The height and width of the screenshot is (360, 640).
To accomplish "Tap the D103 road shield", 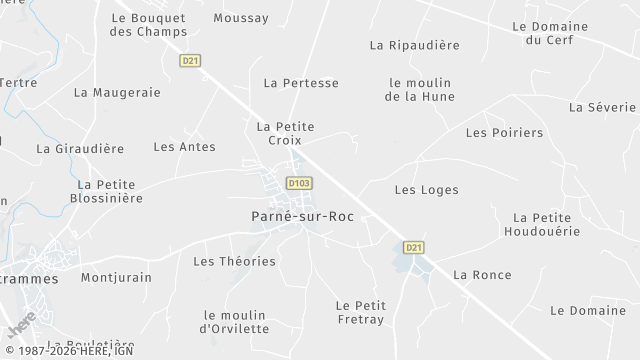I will coord(298,184).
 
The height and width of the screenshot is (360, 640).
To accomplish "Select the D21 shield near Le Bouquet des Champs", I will coord(190,61).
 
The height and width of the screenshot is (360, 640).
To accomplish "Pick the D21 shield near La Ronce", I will coord(414,247).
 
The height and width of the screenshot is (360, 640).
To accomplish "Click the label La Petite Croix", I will coord(285,133).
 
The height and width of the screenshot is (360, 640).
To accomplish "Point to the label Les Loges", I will coord(426,189).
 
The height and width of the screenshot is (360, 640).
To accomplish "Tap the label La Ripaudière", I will coord(414,45).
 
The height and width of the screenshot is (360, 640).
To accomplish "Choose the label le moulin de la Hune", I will coord(420,90).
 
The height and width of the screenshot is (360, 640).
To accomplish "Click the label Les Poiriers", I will coord(504,132).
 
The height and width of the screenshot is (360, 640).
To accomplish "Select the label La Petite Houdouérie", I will coord(540,224).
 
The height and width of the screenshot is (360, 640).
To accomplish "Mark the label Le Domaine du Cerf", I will coord(546,33).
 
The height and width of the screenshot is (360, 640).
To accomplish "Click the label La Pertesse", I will coord(301,83).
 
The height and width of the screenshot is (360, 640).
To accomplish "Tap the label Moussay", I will coord(241,18).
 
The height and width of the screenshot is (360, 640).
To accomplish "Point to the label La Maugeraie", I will coord(117,92).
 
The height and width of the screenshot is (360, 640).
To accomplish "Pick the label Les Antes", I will coord(184,146).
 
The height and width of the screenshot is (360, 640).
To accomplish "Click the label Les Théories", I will coord(234,261).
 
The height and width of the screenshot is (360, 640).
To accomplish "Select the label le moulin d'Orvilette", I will coord(235,321).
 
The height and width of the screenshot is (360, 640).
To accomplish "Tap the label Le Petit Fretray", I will coord(361,312).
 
